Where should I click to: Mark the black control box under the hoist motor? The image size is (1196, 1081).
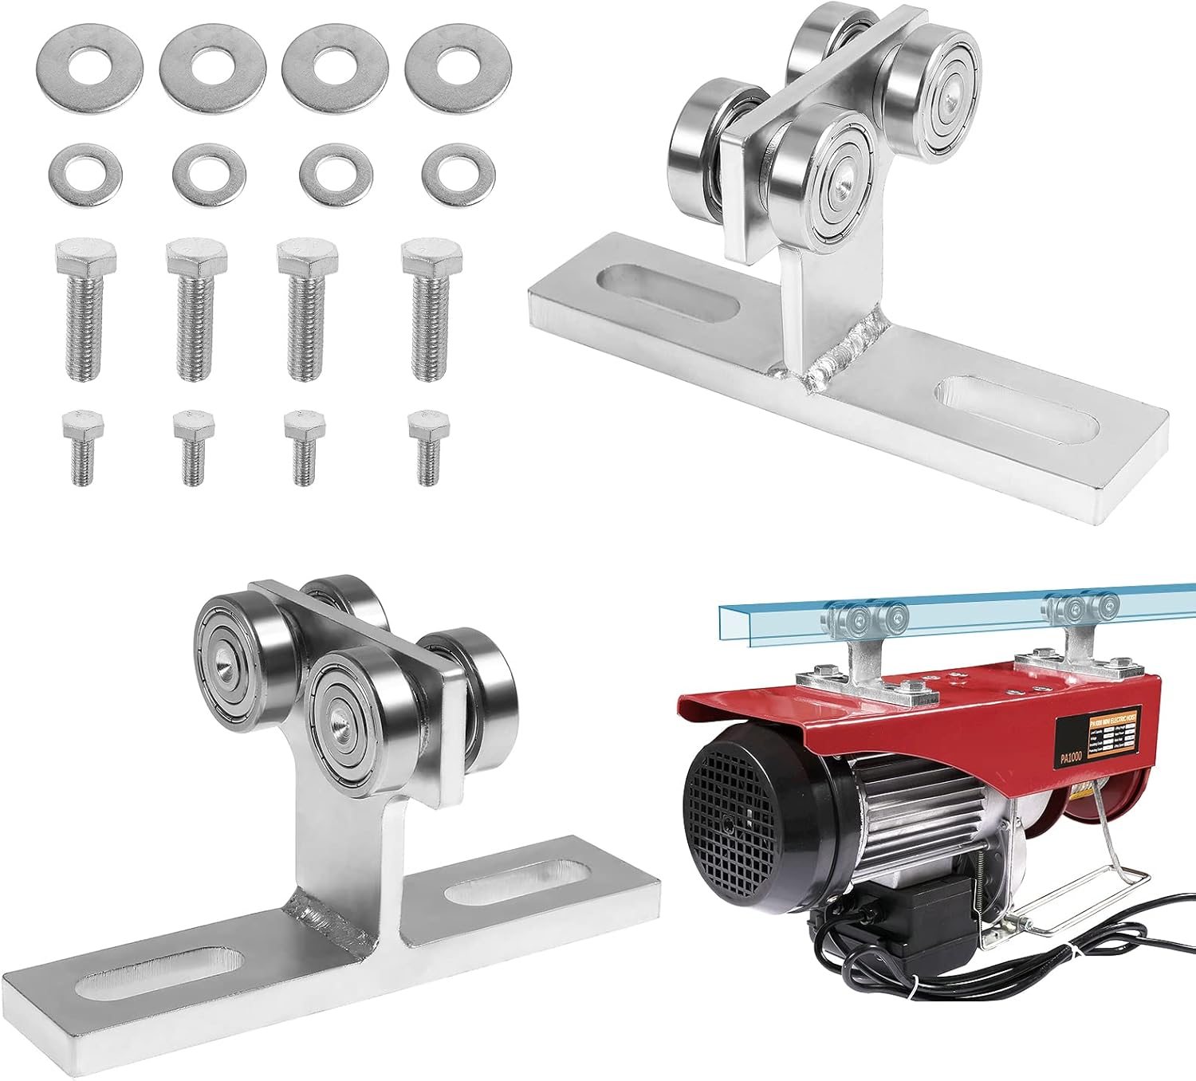click(x=925, y=917)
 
